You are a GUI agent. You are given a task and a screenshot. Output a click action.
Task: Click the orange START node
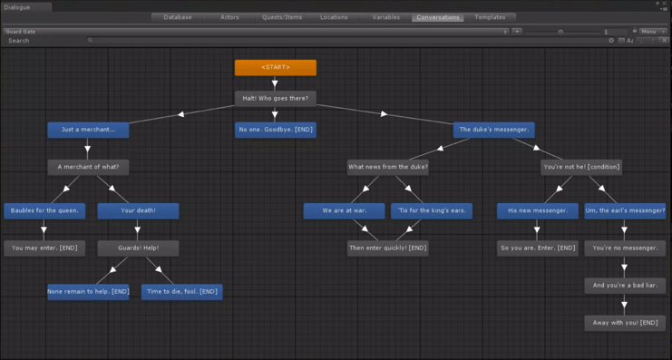point(275,67)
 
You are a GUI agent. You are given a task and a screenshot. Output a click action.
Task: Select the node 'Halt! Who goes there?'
point(275,98)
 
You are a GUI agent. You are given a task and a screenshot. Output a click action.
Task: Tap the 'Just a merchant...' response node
point(88,130)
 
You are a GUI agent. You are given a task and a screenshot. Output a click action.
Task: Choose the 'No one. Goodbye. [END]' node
point(275,130)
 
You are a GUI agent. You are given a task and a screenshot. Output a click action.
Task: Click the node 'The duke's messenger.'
point(493,130)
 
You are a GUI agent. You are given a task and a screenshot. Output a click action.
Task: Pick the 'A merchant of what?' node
point(88,167)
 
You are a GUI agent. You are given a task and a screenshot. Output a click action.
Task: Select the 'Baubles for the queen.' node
point(44,210)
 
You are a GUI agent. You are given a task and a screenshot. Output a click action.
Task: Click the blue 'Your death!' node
point(138,210)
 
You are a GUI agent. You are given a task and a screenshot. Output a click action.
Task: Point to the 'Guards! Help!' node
point(138,248)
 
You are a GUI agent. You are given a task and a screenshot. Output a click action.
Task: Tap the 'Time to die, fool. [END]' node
point(181,292)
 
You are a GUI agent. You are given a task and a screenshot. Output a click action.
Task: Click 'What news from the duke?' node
point(387,167)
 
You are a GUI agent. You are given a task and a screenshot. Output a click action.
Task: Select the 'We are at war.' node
point(344,210)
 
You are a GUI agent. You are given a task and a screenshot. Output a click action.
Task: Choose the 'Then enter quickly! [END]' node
point(387,248)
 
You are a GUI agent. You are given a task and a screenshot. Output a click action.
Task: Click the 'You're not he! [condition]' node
point(580,167)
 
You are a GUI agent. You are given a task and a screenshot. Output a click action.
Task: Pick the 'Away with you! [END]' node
point(625,323)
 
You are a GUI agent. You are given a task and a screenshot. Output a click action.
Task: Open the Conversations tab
point(437,17)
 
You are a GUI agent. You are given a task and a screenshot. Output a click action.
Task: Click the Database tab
point(178,17)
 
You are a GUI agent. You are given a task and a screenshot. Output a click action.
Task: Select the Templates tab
point(491,17)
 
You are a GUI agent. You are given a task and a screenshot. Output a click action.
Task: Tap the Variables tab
point(385,17)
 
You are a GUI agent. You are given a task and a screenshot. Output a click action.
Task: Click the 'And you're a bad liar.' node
point(625,286)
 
